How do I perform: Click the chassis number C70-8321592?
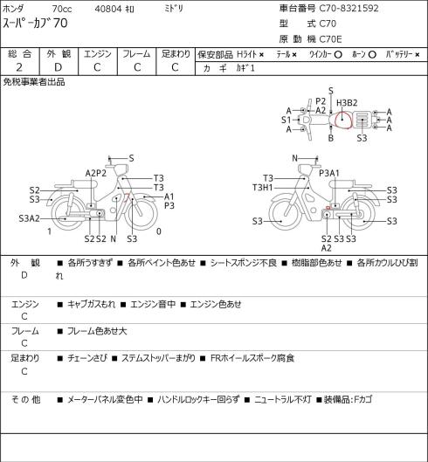pyautogui.click(x=349, y=8)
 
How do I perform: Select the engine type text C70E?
pyautogui.click(x=331, y=39)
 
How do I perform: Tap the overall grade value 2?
pyautogui.click(x=19, y=67)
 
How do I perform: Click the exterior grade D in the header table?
pyautogui.click(x=58, y=67)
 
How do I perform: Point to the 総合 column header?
pyautogui.click(x=19, y=54)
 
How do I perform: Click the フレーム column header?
pyautogui.click(x=136, y=54)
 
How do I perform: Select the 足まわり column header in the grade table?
pyautogui.click(x=176, y=54)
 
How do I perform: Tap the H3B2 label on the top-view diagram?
pyautogui.click(x=347, y=103)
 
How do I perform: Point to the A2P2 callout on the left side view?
pyautogui.click(x=96, y=173)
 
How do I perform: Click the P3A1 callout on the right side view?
pyautogui.click(x=329, y=173)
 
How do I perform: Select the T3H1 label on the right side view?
pyautogui.click(x=263, y=188)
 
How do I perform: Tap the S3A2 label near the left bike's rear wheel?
pyautogui.click(x=29, y=218)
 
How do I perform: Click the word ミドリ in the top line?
pyautogui.click(x=174, y=9)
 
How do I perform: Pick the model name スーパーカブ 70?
pyautogui.click(x=35, y=24)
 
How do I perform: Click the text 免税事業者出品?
pyautogui.click(x=34, y=82)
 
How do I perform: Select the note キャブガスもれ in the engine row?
pyautogui.click(x=91, y=304)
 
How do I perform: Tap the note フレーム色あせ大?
pyautogui.click(x=97, y=331)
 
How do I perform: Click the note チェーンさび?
pyautogui.click(x=86, y=358)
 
